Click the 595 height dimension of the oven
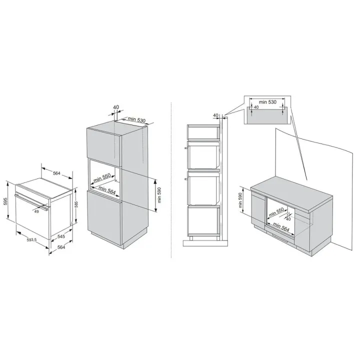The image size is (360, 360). [5, 201]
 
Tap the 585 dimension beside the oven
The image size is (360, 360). [76, 204]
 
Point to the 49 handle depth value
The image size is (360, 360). [36, 211]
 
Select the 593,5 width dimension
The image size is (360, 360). [31, 240]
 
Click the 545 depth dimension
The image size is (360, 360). [61, 236]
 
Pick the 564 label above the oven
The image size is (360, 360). [56, 173]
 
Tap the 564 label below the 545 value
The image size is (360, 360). [61, 247]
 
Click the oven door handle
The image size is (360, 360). [31, 201]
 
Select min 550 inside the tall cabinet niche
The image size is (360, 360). [102, 178]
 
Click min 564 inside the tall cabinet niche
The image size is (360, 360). [107, 190]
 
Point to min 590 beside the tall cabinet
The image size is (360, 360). [159, 195]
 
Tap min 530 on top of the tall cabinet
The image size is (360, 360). [137, 119]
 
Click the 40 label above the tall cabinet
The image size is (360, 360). [116, 107]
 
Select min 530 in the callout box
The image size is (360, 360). [267, 102]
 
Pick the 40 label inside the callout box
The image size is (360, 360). [256, 107]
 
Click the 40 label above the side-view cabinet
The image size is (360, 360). [215, 115]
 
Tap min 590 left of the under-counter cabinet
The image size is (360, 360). [240, 200]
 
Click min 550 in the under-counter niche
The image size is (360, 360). [276, 212]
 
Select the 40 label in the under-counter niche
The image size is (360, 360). [288, 219]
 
